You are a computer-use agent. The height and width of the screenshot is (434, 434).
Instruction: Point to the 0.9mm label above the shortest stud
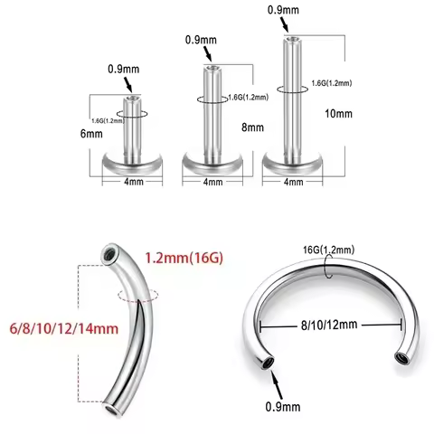click(x=122, y=69)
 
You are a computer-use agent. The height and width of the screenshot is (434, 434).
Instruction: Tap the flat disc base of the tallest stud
click(x=289, y=164)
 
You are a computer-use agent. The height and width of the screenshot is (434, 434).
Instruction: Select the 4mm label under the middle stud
click(x=212, y=182)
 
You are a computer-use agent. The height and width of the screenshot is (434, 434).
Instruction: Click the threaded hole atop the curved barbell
click(x=109, y=255)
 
